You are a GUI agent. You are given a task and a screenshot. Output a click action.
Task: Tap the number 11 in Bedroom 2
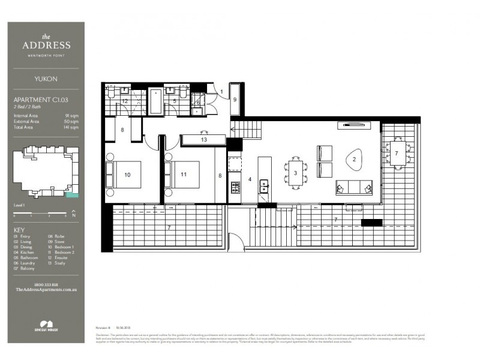click(184, 175)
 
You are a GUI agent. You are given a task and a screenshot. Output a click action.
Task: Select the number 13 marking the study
click(204, 140)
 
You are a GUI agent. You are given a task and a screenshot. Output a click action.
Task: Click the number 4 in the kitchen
click(250, 179)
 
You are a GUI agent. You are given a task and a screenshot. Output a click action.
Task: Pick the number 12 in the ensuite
click(125, 101)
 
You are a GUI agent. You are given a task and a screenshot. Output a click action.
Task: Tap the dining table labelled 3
click(295, 173)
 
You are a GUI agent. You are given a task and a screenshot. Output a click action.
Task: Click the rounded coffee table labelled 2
click(353, 159)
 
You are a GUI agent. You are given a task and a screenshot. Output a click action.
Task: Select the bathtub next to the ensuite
click(155, 102)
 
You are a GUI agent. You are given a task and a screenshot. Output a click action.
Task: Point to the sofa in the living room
click(354, 188)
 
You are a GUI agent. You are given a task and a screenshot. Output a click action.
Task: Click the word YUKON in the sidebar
click(46, 78)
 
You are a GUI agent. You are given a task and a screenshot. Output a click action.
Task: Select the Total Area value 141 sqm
click(70, 127)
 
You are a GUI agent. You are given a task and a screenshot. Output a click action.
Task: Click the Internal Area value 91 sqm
click(71, 115)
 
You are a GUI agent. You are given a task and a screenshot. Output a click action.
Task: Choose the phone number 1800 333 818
click(46, 284)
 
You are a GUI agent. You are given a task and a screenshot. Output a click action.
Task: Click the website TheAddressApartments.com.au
click(46, 290)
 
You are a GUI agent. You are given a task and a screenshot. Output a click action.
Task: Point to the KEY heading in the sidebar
click(19, 230)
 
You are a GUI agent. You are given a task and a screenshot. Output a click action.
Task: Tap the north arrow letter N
click(73, 211)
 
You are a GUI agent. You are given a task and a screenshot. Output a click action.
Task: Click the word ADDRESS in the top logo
click(46, 45)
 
